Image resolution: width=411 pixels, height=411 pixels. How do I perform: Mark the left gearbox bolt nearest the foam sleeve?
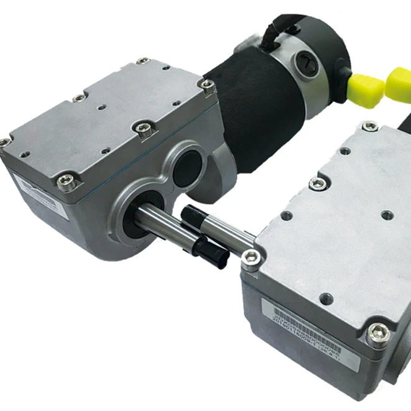[x=206, y=85]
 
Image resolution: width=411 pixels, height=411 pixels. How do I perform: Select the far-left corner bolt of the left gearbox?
[x=4, y=142]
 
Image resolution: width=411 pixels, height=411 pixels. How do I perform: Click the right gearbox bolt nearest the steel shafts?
[x=251, y=257]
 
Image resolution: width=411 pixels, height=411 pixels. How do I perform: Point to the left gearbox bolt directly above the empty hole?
[x=141, y=128]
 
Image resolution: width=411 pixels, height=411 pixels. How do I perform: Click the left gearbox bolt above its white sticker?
[x=64, y=182]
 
